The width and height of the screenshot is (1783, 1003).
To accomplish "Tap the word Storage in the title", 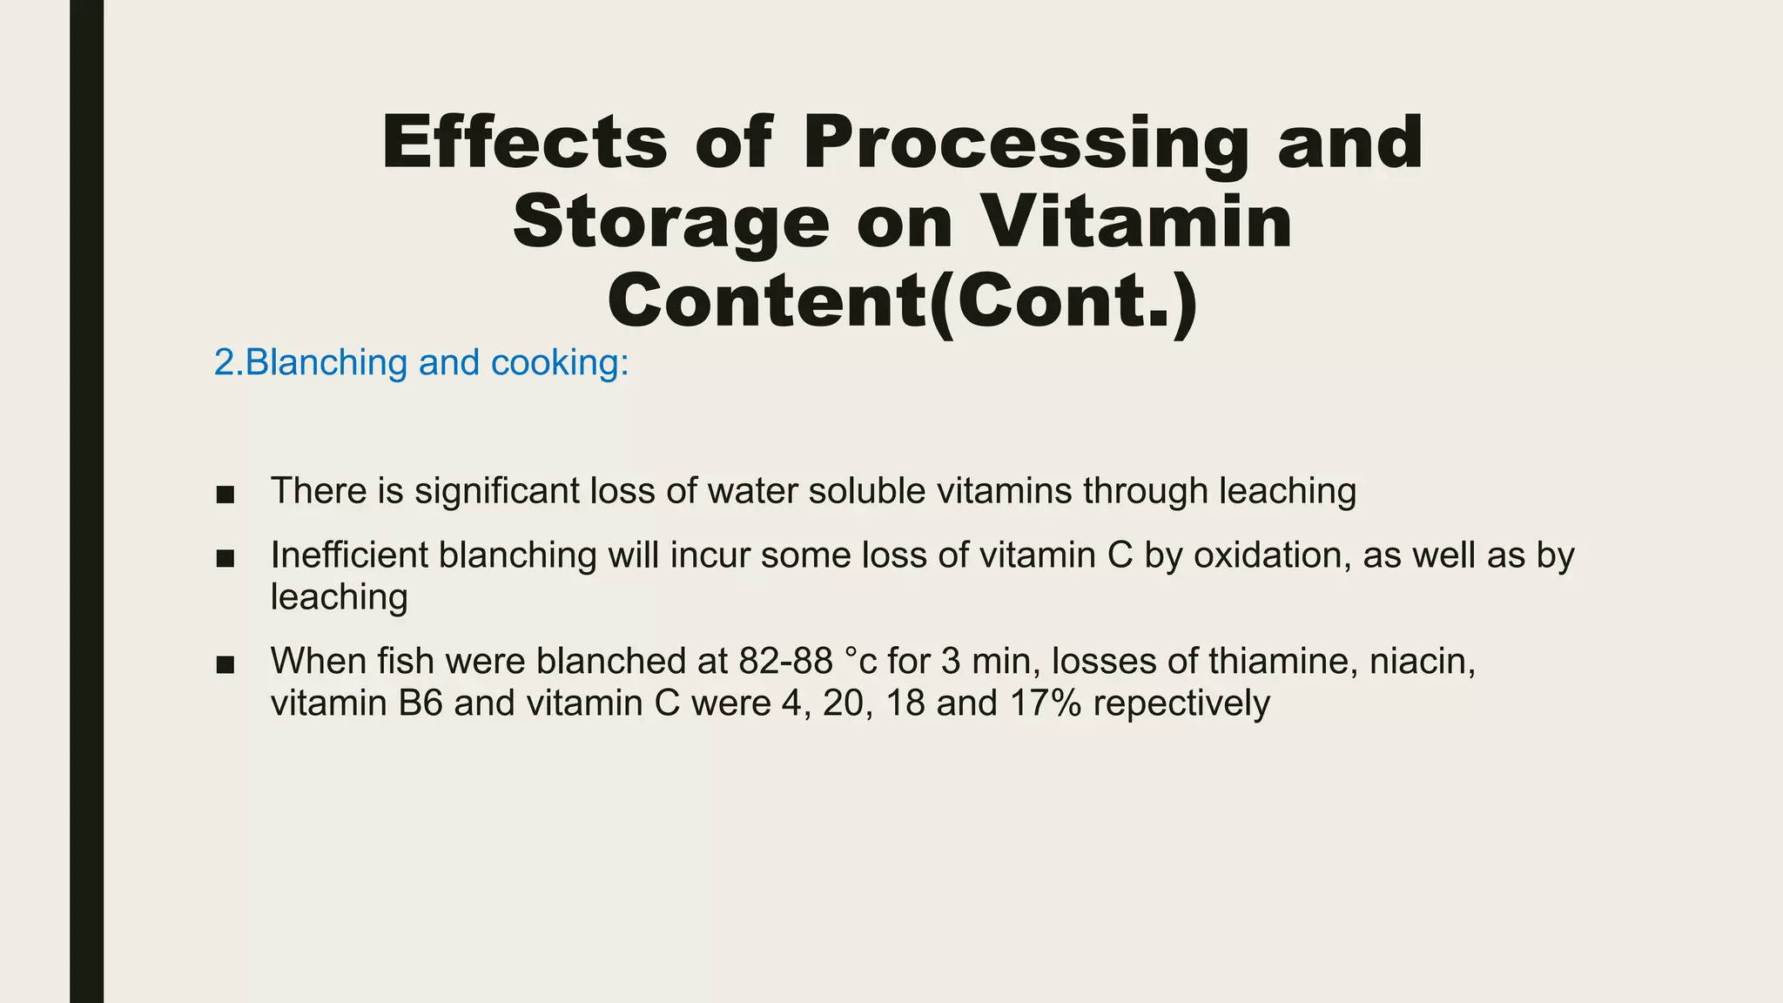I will pos(671,222).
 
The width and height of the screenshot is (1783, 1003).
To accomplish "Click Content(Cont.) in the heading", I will pos(903,300).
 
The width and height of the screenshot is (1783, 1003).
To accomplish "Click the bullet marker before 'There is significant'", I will pos(225,495).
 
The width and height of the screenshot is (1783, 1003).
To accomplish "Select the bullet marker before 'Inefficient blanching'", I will pos(225,558).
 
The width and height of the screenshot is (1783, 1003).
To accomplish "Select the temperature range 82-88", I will pos(786,662).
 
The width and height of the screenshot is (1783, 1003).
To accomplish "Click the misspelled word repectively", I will pos(1181,703).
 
